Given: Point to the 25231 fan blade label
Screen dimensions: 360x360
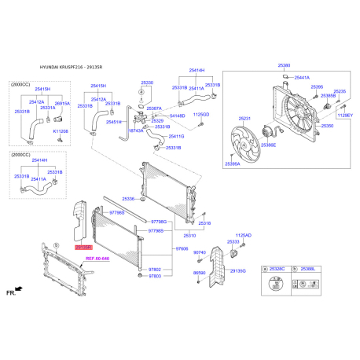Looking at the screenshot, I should pyautogui.click(x=244, y=119).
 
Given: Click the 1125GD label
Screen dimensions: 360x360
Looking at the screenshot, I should pyautogui.click(x=202, y=114).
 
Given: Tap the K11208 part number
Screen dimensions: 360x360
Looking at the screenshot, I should pyautogui.click(x=61, y=131).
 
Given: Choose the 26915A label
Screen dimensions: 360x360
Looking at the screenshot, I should pyautogui.click(x=62, y=103).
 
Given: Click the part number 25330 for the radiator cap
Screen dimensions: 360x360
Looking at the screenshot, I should pyautogui.click(x=148, y=82).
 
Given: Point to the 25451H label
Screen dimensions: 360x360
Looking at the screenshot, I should pyautogui.click(x=114, y=122).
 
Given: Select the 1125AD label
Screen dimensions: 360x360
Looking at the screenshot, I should pyautogui.click(x=244, y=235).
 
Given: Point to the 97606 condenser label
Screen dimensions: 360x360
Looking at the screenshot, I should pyautogui.click(x=182, y=248).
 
